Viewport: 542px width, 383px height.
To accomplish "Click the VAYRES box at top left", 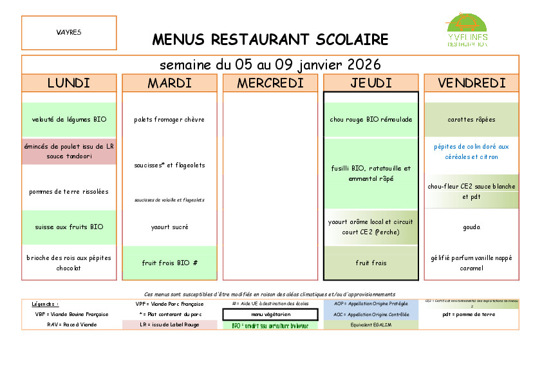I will (x=69, y=33).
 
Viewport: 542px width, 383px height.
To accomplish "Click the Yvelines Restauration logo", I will (x=467, y=31).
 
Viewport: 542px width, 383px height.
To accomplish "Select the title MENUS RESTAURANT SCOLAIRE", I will (x=270, y=39).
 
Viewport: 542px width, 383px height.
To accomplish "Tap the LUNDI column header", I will (x=69, y=83).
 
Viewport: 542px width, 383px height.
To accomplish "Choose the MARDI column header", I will (x=169, y=83).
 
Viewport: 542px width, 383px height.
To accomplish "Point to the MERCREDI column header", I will (x=270, y=83).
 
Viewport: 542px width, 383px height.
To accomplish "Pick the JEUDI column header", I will (x=371, y=83).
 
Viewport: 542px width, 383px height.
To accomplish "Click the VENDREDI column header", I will (x=471, y=83).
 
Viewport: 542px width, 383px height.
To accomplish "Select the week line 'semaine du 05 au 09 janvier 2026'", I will (x=270, y=65).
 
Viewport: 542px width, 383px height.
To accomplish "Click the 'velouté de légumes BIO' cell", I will (x=69, y=120).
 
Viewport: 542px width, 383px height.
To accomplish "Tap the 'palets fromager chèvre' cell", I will (x=169, y=120).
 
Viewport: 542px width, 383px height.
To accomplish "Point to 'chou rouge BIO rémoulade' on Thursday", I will (x=371, y=120).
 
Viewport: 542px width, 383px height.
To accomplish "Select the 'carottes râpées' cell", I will (x=471, y=120).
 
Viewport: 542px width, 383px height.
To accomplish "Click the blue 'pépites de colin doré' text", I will (x=471, y=152).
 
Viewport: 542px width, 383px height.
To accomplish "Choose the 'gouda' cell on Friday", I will (x=471, y=227).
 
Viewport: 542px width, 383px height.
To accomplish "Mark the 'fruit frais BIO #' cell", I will (x=169, y=263).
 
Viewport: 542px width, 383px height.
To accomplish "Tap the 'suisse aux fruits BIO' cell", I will (x=69, y=227).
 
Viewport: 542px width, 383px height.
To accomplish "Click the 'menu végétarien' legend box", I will (x=270, y=315).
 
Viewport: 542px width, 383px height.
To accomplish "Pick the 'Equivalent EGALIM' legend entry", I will (x=371, y=325).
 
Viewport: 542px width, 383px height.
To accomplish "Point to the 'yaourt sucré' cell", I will (x=169, y=227).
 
